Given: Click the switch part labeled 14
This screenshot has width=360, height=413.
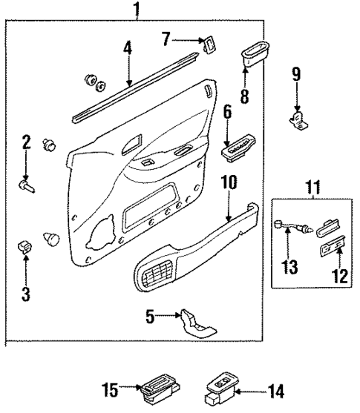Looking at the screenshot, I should click(220, 386).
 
